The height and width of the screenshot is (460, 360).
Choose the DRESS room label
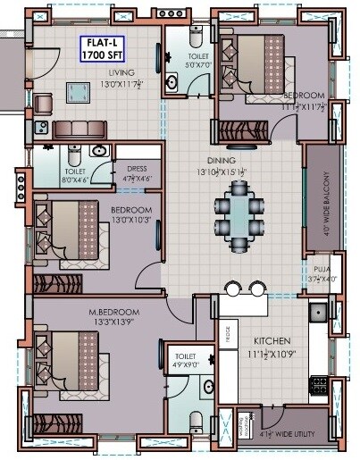pyautogui.click(x=138, y=166)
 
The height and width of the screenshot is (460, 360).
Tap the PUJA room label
pyautogui.click(x=322, y=268)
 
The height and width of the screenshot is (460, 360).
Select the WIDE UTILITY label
pyautogui.click(x=292, y=435)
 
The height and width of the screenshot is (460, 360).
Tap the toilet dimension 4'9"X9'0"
pyautogui.click(x=184, y=364)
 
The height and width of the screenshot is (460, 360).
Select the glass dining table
pyautogui.click(x=239, y=213)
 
